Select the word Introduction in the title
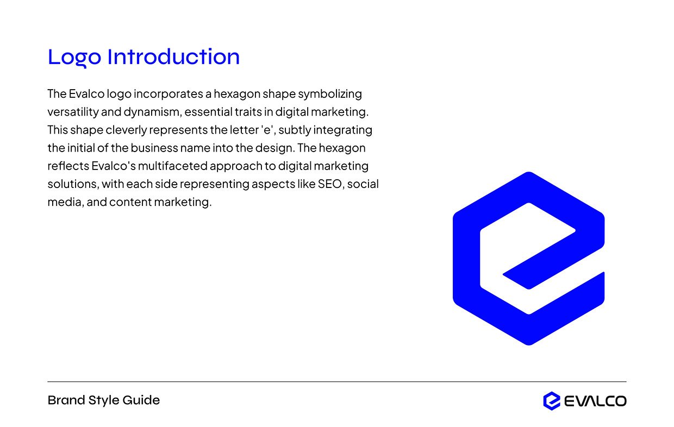pyautogui.click(x=173, y=57)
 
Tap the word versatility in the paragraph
pyautogui.click(x=73, y=112)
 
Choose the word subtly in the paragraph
pyautogui.click(x=297, y=130)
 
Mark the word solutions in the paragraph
pyautogui.click(x=73, y=184)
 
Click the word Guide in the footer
pyautogui.click(x=142, y=400)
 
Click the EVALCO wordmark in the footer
pyautogui.click(x=595, y=401)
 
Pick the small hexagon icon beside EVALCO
pyautogui.click(x=552, y=401)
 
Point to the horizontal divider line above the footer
pyautogui.click(x=337, y=382)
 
